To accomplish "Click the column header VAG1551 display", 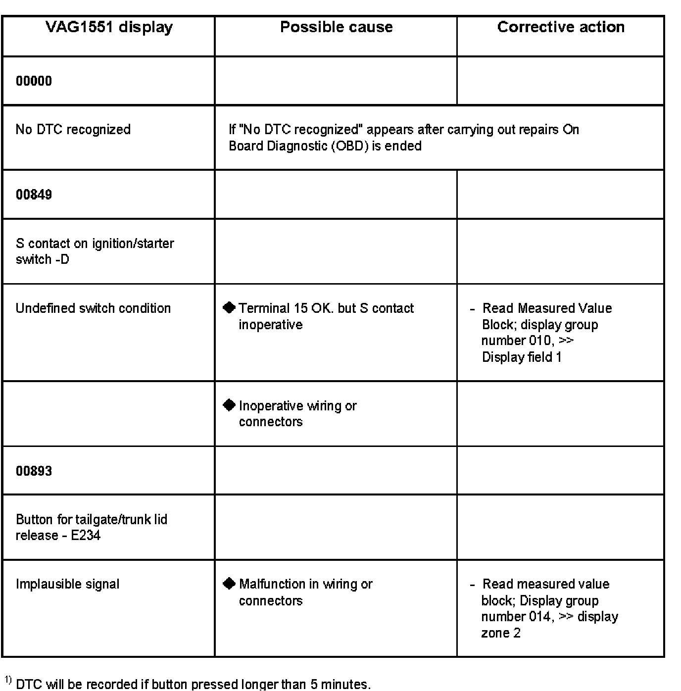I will [109, 27].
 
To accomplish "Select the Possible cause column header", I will [336, 27].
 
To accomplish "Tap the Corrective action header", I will [560, 27].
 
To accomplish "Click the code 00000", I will [34, 81].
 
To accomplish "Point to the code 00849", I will [34, 195].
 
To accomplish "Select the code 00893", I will [34, 471].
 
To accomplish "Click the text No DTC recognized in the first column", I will [73, 130].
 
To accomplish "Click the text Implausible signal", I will [67, 584].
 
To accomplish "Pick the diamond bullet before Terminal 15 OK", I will [229, 308].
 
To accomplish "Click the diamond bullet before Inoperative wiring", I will [229, 405].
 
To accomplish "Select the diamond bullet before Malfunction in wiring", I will [229, 584].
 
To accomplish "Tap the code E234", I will [86, 536].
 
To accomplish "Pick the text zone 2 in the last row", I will [500, 633].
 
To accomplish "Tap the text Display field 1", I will [522, 357].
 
